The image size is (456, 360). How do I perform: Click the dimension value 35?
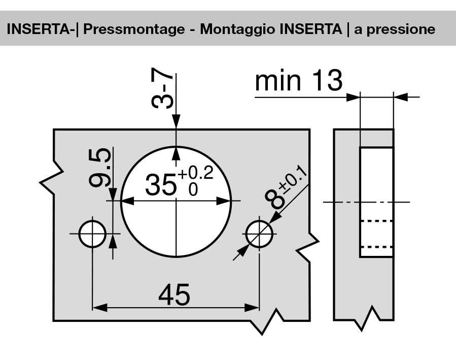tap(162, 185)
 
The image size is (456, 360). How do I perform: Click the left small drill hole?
tap(92, 234)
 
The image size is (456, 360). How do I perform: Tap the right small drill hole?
tap(259, 234)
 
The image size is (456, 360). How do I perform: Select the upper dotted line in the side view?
tap(376, 221)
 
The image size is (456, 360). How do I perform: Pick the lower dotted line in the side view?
tap(376, 247)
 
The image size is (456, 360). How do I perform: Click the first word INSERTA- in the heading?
tap(42, 28)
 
